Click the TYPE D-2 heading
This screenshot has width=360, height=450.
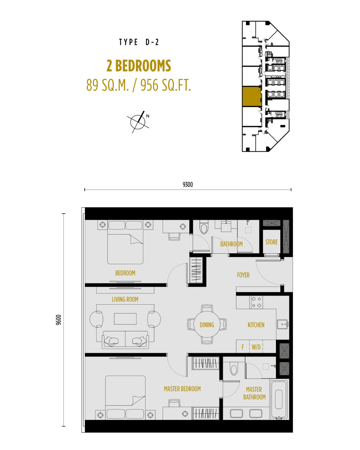[139, 42]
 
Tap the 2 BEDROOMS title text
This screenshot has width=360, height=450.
[139, 66]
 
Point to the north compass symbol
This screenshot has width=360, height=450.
[138, 122]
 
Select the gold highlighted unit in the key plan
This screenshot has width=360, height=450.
[252, 97]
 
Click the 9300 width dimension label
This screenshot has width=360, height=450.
[188, 185]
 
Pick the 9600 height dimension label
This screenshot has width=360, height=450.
[59, 320]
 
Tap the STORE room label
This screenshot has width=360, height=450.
[271, 242]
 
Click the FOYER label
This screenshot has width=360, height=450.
[243, 275]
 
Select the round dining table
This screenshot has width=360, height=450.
[207, 324]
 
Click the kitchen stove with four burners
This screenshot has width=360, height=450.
[256, 302]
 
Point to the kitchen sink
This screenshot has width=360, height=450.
[283, 324]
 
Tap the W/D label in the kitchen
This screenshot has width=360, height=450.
[256, 347]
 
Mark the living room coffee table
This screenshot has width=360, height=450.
[125, 319]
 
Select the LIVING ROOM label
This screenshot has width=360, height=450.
[125, 299]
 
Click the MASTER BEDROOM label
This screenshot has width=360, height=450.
[182, 389]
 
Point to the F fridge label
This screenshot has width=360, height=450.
[243, 347]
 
